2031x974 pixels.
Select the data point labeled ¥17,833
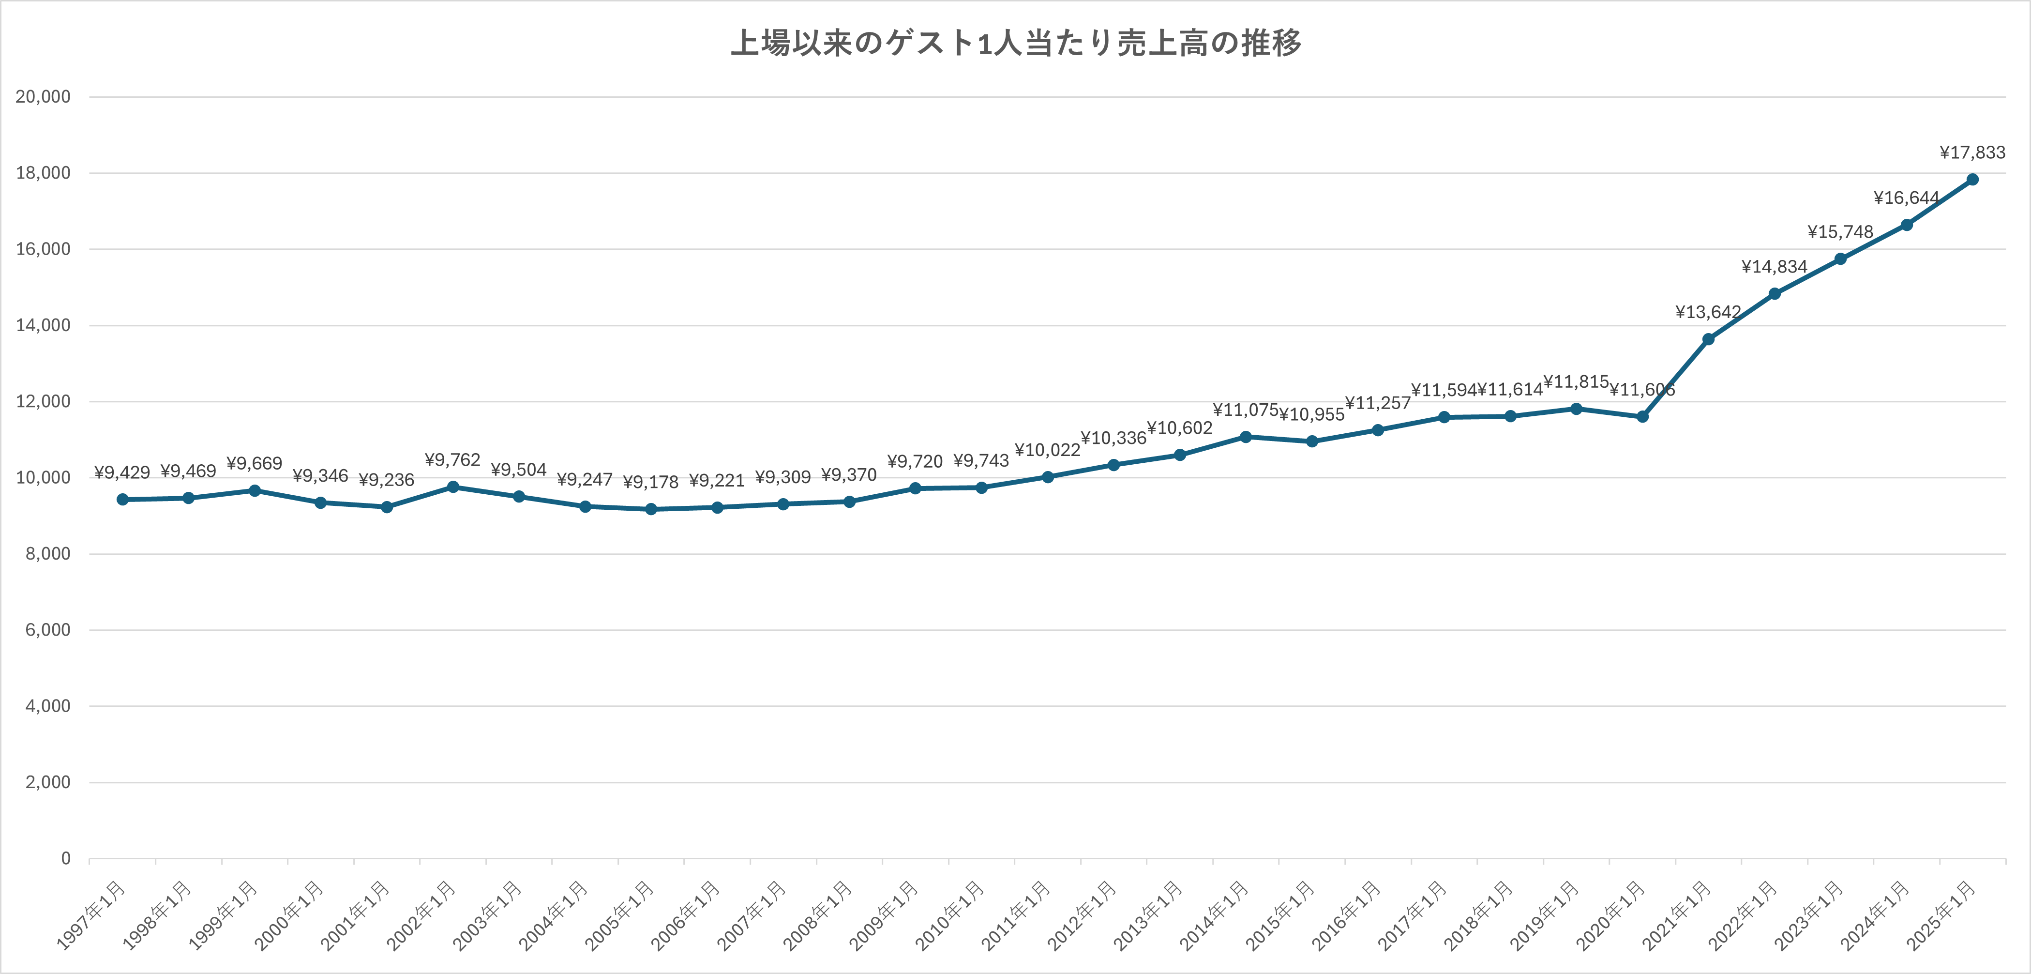point(1972,180)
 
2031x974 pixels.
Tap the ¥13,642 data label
point(1708,312)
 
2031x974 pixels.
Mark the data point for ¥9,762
point(452,487)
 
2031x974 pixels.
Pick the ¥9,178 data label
point(650,482)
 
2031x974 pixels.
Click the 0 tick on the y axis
point(65,858)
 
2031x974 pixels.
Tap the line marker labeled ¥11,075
point(1246,437)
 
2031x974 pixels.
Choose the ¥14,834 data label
point(1774,267)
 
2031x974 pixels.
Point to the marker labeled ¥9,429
point(122,499)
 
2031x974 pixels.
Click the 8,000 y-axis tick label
point(47,554)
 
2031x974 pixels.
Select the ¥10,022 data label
point(1047,450)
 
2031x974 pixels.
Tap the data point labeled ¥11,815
point(1576,409)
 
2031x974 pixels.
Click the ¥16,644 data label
point(1907,198)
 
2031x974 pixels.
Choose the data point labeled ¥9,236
point(386,507)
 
